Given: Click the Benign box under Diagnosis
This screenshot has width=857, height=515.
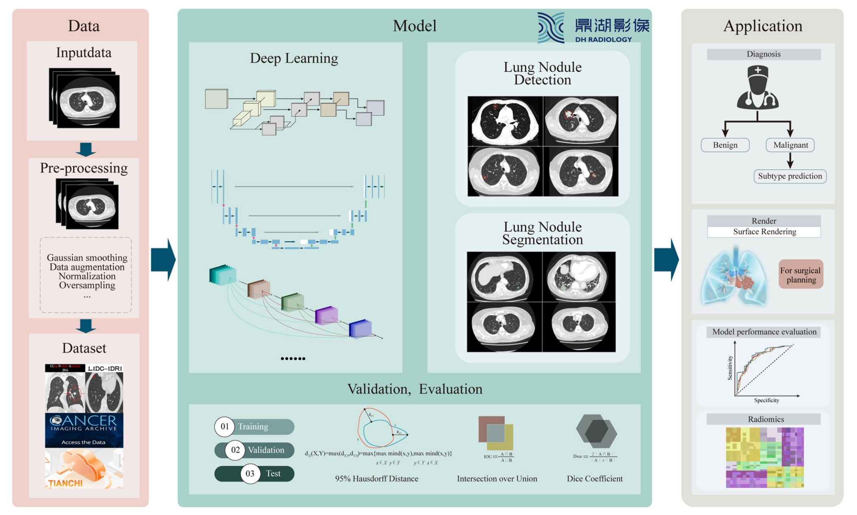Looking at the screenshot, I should point(725,145).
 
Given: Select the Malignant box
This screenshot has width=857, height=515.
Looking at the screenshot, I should point(790,145).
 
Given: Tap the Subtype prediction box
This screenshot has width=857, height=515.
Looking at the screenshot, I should point(790,176).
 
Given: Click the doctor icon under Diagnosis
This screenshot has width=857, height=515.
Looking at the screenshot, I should point(758,88).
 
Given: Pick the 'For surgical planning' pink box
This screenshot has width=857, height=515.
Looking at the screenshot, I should point(801,275).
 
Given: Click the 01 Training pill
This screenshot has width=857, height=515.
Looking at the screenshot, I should point(254,427).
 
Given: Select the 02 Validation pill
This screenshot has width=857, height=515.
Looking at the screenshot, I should point(254,450).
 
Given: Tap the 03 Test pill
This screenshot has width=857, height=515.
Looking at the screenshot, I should point(254,474).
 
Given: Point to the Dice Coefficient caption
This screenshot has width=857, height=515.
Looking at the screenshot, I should point(594,479).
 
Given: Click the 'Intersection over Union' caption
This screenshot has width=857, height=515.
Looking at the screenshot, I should point(497,479).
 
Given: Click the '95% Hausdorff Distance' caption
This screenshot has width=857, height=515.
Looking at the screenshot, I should point(376,479).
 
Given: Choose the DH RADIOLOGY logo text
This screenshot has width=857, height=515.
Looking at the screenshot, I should point(603,39).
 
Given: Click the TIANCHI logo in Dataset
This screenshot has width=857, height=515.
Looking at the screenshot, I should point(66,483).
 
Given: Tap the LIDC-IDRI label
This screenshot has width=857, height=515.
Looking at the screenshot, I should point(105,368).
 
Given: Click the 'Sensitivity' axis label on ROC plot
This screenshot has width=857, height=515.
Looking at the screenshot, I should point(730,368).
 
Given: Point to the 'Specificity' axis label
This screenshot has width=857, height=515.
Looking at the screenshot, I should point(766,400).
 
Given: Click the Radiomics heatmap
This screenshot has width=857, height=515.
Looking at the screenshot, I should point(765,457).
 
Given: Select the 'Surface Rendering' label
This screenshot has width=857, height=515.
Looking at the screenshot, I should point(764,232).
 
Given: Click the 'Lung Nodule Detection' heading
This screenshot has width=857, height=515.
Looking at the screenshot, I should point(542,73).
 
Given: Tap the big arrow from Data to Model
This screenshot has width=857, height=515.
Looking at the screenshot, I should point(163,260).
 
